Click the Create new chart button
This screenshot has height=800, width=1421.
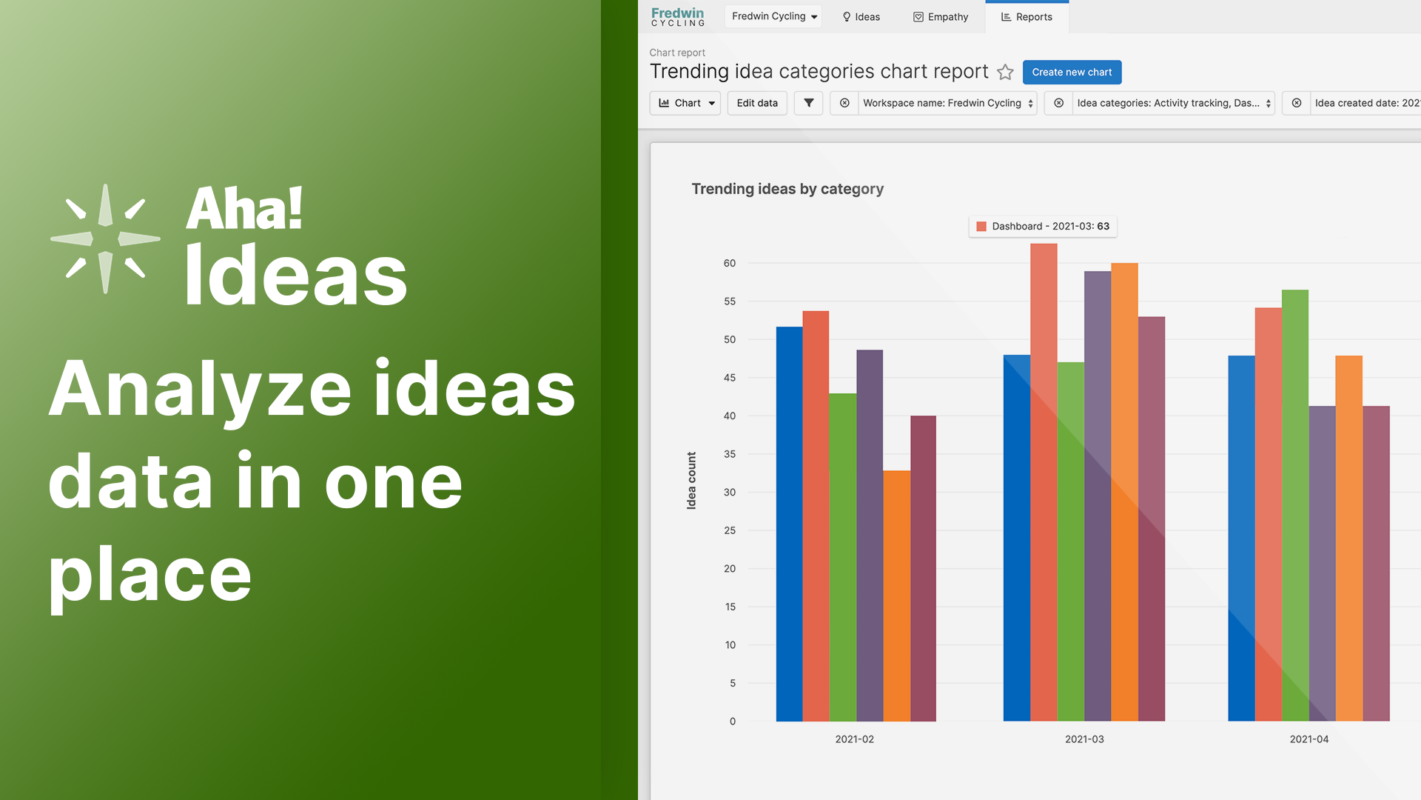tap(1072, 72)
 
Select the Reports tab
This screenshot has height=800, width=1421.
tap(1027, 17)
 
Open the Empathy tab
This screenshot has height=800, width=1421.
tap(941, 17)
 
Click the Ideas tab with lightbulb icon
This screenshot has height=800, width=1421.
tap(861, 17)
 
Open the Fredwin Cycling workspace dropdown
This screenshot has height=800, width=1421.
tap(773, 16)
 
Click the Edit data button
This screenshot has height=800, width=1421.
tap(757, 103)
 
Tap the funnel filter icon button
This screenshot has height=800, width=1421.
tap(808, 103)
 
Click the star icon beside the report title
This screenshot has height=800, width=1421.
tap(1005, 72)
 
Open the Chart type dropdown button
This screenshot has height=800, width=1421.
tap(685, 103)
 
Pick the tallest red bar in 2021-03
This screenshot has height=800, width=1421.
tap(1044, 482)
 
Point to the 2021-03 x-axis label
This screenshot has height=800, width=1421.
tap(1084, 739)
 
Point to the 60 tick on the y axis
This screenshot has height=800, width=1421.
tap(730, 263)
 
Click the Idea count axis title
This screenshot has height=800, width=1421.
tap(691, 480)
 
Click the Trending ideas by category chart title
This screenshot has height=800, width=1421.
tap(787, 189)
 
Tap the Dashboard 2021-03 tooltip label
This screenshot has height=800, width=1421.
tap(1043, 227)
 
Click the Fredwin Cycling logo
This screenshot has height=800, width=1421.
tap(678, 17)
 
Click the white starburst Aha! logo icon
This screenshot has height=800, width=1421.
tap(105, 239)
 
